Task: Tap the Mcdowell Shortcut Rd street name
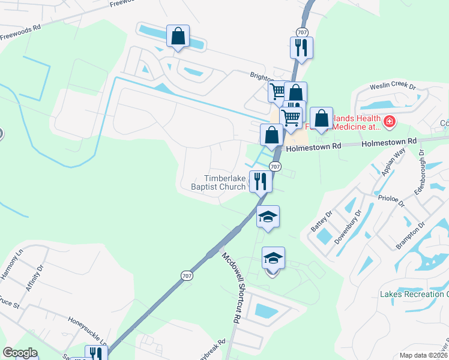(x=231, y=288)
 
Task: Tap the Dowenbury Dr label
(x=349, y=228)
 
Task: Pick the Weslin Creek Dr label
(x=393, y=87)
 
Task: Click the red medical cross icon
(x=389, y=122)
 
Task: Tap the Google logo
(x=20, y=353)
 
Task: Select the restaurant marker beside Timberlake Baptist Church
(x=260, y=180)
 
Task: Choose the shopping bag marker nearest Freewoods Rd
(x=178, y=36)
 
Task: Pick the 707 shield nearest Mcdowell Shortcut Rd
(x=186, y=275)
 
